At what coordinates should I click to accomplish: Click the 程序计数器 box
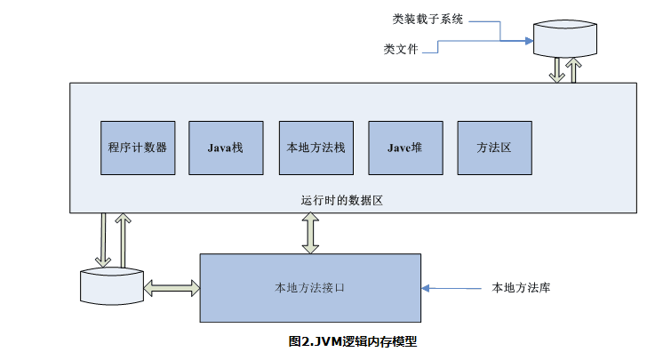[138, 147]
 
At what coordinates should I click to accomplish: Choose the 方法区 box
[493, 147]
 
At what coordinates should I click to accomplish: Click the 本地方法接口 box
[310, 288]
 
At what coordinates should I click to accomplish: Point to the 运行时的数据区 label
[341, 201]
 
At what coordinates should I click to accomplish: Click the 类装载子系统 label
[427, 19]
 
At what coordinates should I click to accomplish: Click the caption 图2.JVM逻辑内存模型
[353, 341]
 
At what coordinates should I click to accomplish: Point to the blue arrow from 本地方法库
[453, 288]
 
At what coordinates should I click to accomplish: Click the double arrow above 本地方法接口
[310, 233]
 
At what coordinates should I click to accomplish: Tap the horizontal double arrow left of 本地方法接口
[172, 288]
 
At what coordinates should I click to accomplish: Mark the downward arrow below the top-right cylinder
[556, 71]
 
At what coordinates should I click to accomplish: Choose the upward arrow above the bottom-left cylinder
[122, 238]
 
